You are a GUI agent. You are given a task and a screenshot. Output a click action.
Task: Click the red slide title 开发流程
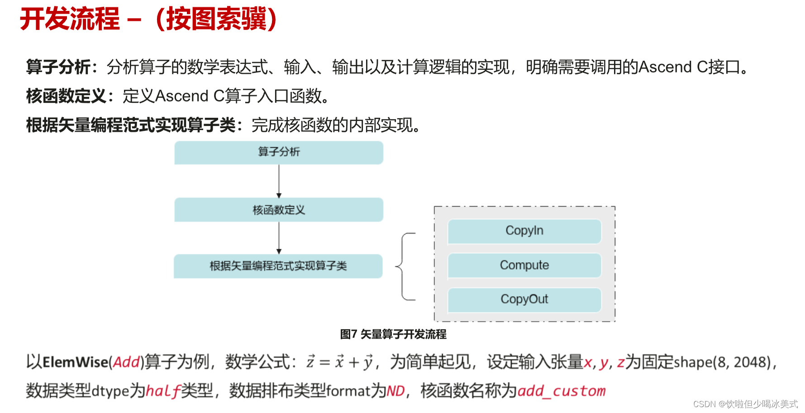tap(70, 19)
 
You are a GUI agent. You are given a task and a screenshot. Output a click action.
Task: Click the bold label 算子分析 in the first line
tap(59, 67)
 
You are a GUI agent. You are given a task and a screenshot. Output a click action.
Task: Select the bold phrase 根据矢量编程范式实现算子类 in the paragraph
tap(131, 125)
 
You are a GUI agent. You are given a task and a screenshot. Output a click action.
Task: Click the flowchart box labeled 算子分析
tap(279, 152)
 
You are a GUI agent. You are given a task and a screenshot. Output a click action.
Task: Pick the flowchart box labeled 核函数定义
tap(279, 210)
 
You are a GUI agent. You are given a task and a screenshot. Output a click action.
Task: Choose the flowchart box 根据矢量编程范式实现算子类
tap(278, 266)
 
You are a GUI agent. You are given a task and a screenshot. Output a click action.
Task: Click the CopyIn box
tap(524, 231)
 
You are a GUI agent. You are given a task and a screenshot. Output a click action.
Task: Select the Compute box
tap(524, 265)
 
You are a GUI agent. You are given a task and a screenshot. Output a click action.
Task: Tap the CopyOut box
tap(524, 299)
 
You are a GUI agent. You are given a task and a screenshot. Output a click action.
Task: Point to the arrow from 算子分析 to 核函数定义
tap(279, 181)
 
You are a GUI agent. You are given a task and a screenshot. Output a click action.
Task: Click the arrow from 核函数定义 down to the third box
tap(279, 238)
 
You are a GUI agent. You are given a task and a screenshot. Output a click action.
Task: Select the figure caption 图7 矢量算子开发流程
tap(393, 334)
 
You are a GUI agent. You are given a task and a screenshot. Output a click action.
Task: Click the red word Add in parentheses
tap(126, 362)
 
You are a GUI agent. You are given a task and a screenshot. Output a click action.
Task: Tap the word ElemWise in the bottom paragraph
tap(75, 362)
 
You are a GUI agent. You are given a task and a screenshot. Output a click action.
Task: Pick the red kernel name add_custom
tap(561, 390)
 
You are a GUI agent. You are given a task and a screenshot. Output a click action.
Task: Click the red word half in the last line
tap(163, 390)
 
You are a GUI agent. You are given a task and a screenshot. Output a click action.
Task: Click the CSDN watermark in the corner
tap(745, 404)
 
